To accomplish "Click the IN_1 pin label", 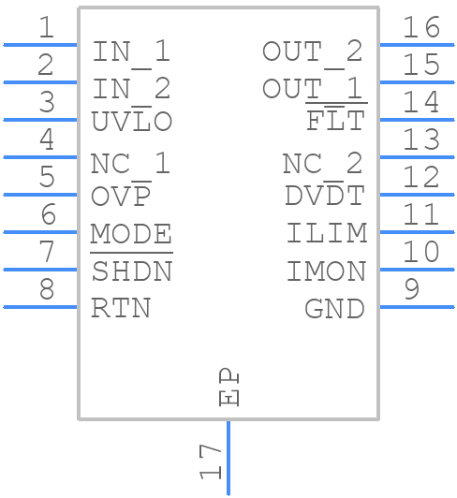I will pos(131,51).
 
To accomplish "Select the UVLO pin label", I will pos(131,123).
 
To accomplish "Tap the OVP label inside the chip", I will pos(122,197).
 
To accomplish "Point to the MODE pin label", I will pos(131,234).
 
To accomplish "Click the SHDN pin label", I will pos(131,271).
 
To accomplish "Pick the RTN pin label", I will pos(121,308).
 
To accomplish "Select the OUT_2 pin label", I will pos(312,51).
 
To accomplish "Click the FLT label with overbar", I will pos(335,122).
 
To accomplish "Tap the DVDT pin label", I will pos(324,197).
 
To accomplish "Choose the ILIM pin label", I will pos(326,234).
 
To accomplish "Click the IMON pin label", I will pos(326,271).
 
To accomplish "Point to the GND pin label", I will pos(334,308).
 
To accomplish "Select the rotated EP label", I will pos(228,388).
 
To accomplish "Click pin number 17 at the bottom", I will pos(211,461).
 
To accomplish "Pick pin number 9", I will pos(411,289).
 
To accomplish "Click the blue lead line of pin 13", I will pos(416,157).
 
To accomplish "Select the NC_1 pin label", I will pos(130,164).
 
